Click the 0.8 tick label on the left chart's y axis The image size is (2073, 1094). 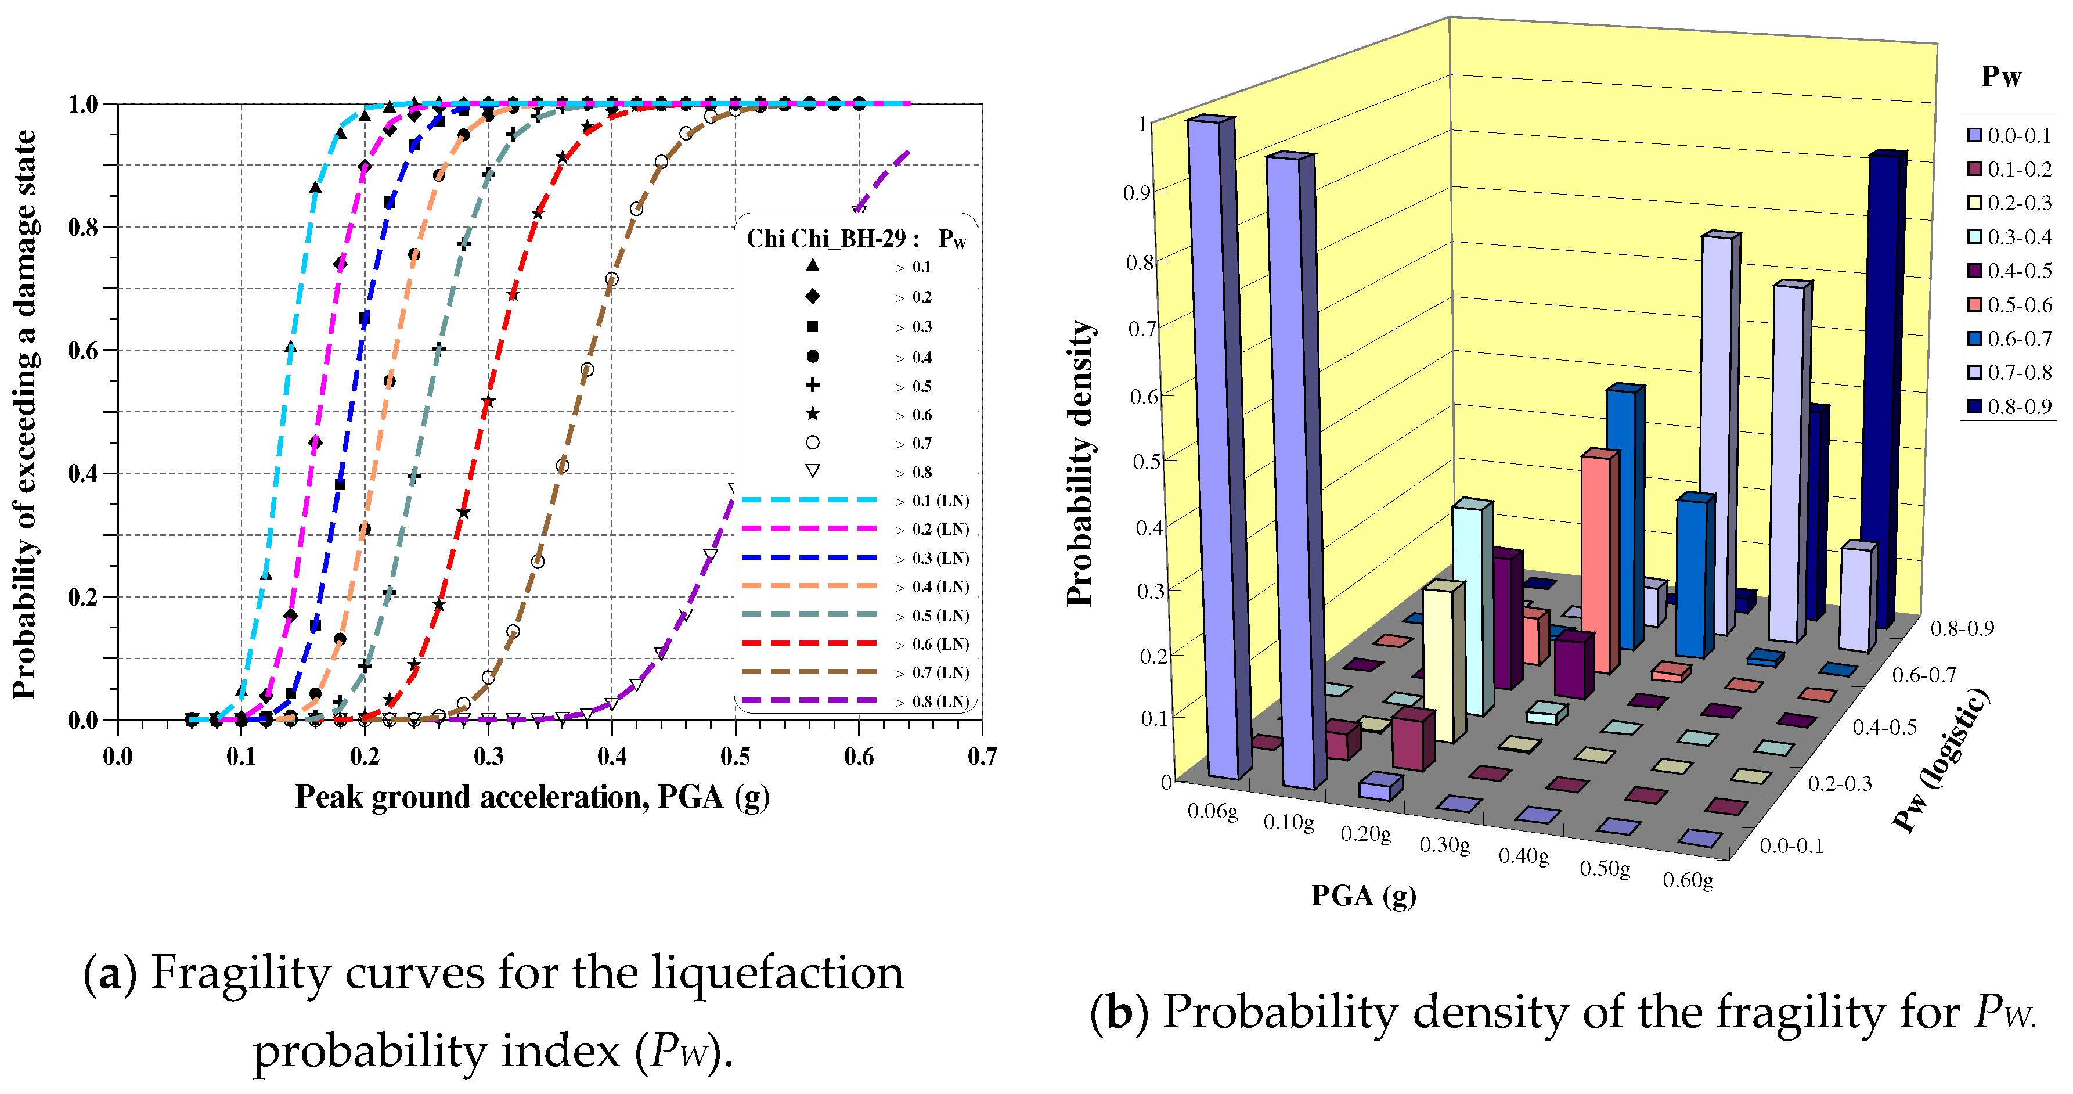click(83, 228)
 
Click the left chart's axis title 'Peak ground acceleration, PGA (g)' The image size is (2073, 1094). click(532, 798)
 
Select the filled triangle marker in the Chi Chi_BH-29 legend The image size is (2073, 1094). click(813, 265)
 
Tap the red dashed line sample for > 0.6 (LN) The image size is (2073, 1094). click(809, 644)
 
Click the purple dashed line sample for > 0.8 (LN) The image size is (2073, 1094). click(809, 701)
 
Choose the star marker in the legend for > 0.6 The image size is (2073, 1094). click(813, 415)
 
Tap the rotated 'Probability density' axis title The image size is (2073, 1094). click(1081, 463)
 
